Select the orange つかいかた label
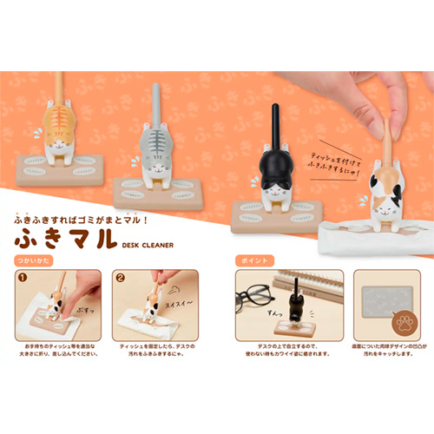[x=32, y=260]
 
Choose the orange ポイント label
[x=252, y=260]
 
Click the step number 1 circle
[x=24, y=279]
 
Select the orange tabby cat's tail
[x=59, y=87]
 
